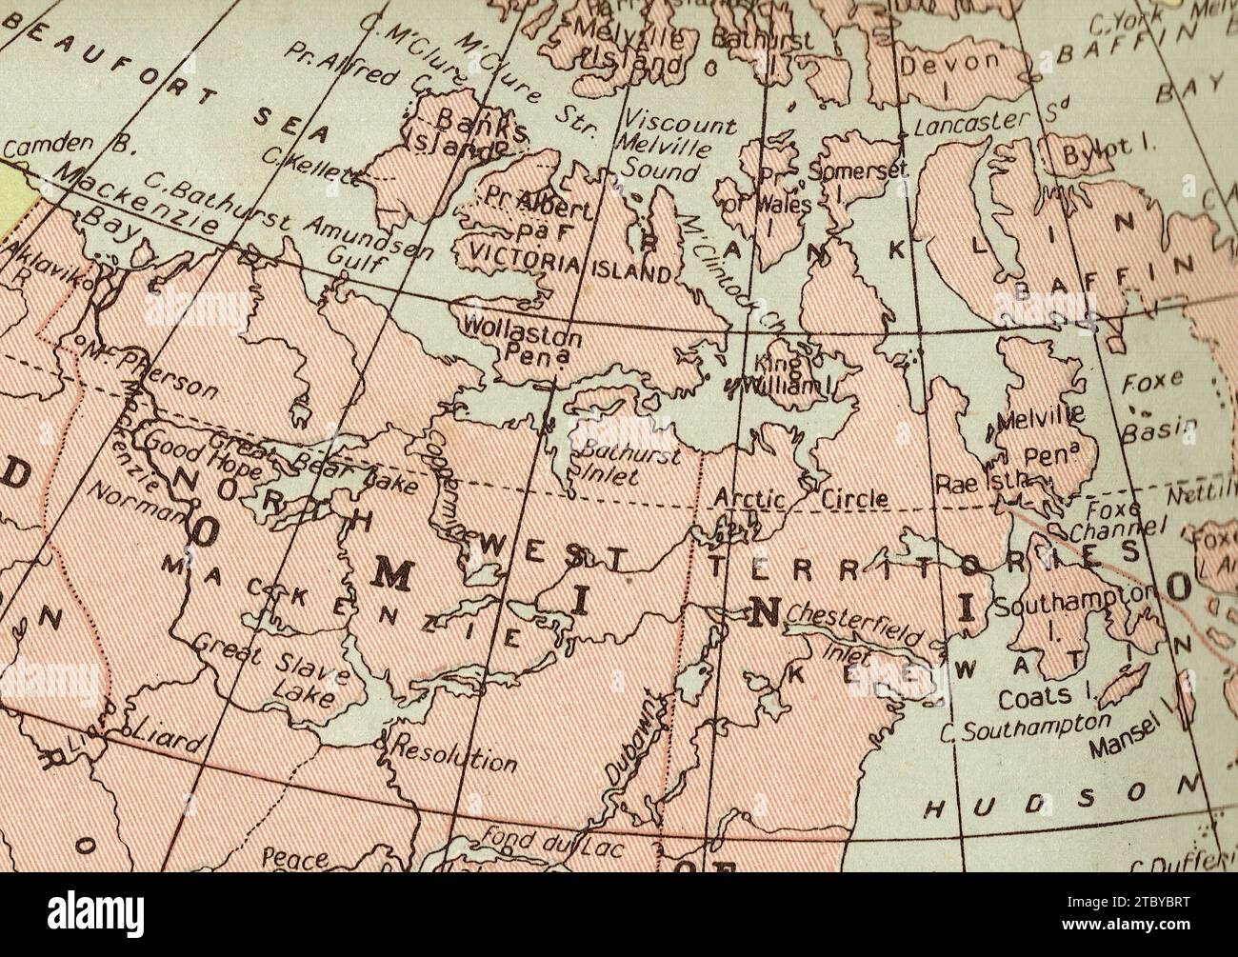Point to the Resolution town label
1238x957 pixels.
[455, 752]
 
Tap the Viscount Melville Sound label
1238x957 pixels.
[676, 148]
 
